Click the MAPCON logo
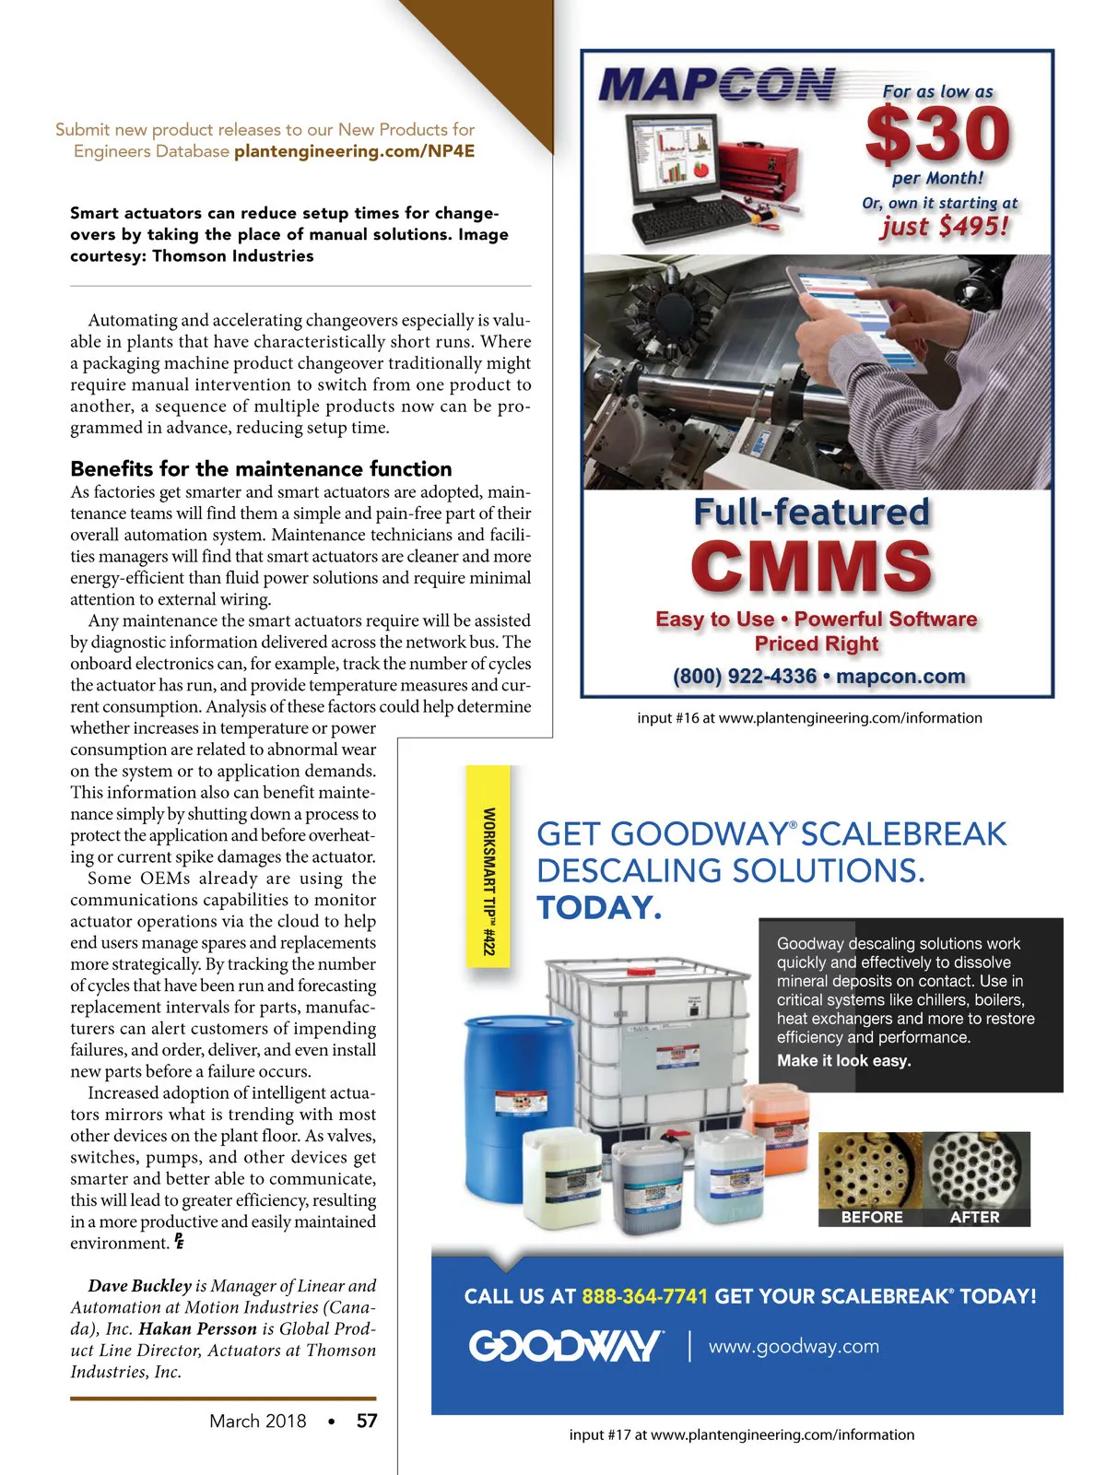pyautogui.click(x=717, y=85)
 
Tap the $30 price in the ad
pyautogui.click(x=938, y=135)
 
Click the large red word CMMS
pyautogui.click(x=811, y=565)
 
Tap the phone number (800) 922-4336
pyautogui.click(x=745, y=677)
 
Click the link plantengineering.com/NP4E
pyautogui.click(x=355, y=151)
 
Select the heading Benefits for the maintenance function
pyautogui.click(x=261, y=468)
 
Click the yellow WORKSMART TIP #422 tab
pyautogui.click(x=488, y=880)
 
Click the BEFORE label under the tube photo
pyautogui.click(x=872, y=1217)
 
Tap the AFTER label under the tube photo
pyautogui.click(x=974, y=1217)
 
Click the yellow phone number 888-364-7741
pyautogui.click(x=644, y=1296)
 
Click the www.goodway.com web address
pyautogui.click(x=794, y=1347)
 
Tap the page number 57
pyautogui.click(x=367, y=1421)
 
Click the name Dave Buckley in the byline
pyautogui.click(x=139, y=1286)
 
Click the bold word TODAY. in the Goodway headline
pyautogui.click(x=599, y=908)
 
